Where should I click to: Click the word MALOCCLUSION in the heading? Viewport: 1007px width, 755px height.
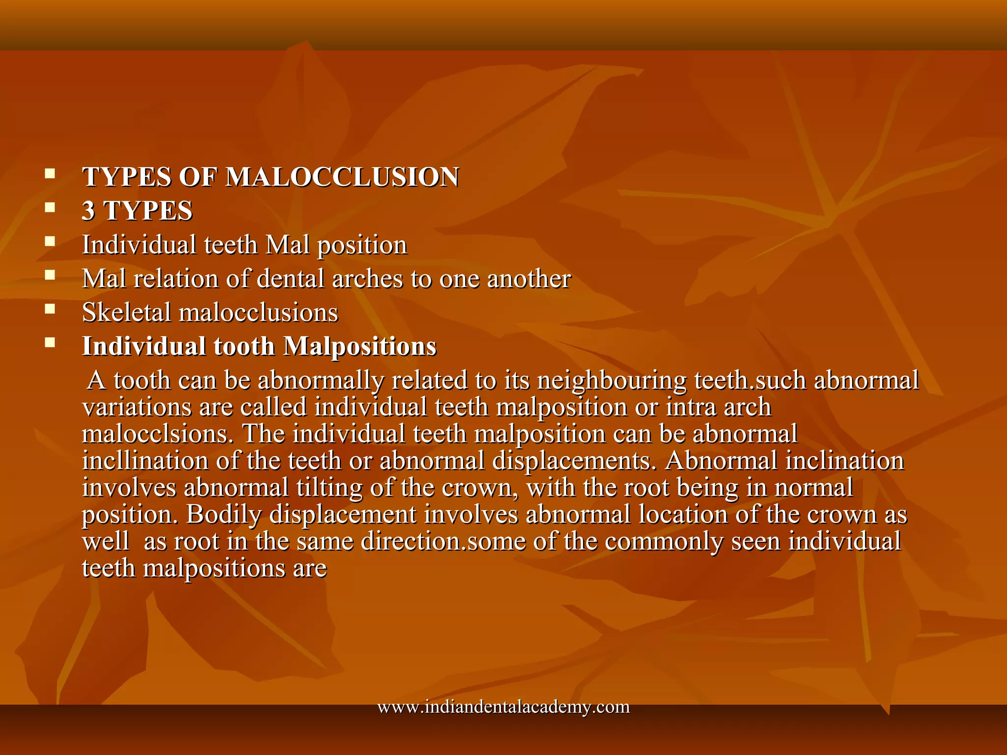342,177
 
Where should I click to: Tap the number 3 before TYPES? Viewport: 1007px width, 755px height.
89,211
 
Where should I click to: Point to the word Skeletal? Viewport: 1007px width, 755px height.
126,313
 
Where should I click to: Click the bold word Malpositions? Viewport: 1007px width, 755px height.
360,347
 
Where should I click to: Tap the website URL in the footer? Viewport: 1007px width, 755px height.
503,707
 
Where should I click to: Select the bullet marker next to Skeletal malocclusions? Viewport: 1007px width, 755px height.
50,309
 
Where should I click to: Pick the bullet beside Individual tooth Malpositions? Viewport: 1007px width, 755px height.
50,343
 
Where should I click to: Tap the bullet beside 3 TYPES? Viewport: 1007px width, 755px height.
50,207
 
